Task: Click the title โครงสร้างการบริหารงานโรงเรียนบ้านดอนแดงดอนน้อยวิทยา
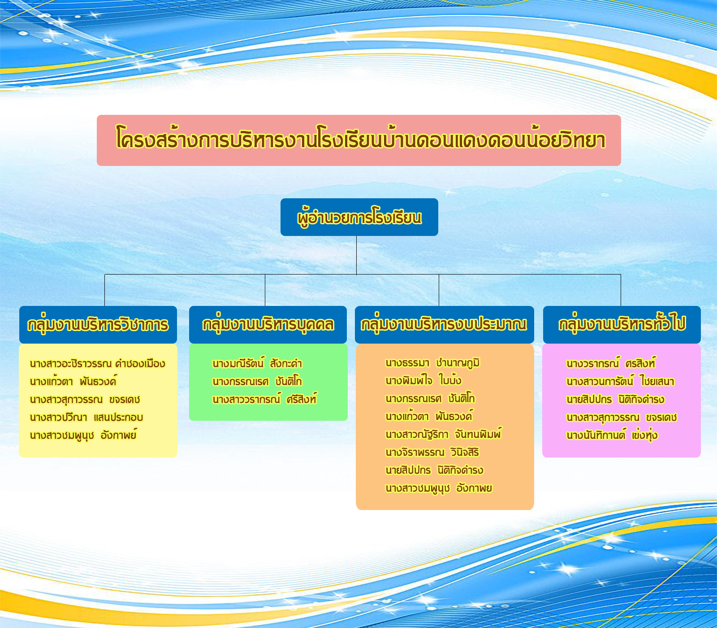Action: coord(360,140)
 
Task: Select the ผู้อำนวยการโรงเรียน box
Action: coord(359,217)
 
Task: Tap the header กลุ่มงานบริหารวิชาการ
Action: coord(98,325)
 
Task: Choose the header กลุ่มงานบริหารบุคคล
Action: coord(268,325)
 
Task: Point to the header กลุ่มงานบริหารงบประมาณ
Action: coord(445,325)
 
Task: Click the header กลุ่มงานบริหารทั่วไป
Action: coord(622,325)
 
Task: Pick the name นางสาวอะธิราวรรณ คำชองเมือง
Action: coord(97,363)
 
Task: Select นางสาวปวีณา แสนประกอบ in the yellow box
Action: coord(86,417)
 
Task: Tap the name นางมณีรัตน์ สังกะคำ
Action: coord(257,363)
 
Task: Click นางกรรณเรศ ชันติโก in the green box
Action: coord(257,381)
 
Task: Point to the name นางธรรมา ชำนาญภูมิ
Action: coord(433,362)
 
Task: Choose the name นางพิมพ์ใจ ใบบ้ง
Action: coord(423,380)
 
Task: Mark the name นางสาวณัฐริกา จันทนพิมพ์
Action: coord(443,434)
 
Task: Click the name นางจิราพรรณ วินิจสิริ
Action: coord(432,452)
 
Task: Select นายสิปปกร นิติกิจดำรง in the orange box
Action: coord(434,470)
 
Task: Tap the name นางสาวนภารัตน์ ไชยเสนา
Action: coord(620,381)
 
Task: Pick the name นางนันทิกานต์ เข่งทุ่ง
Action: coord(612,435)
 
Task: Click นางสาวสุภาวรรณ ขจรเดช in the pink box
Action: coord(622,417)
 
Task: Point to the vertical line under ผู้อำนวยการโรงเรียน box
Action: coord(357,255)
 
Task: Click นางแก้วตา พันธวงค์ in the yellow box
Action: coord(73,381)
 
